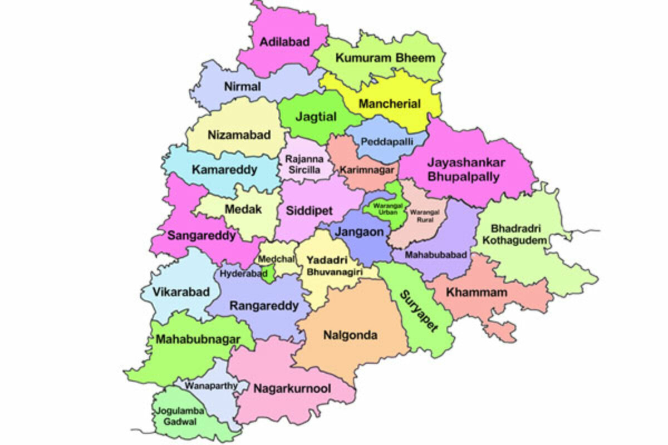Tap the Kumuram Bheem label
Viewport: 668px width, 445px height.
[385, 58]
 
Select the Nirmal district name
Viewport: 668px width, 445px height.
[242, 87]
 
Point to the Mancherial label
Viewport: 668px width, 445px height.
[390, 103]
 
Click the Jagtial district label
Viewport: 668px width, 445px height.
[316, 117]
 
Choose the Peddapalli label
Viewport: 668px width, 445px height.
[387, 142]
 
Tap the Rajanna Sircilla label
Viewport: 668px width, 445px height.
[303, 164]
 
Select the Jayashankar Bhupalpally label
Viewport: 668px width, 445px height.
[464, 170]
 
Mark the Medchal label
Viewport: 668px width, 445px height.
[274, 260]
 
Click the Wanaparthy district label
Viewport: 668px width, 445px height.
[211, 385]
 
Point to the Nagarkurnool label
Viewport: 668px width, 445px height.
[292, 388]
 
